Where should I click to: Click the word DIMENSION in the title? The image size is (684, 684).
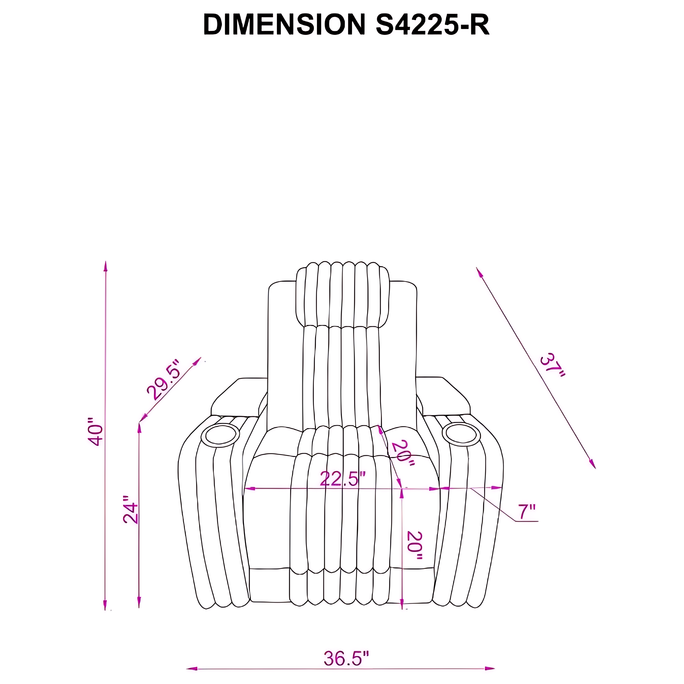coord(284,25)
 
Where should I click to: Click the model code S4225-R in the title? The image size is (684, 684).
coord(433,25)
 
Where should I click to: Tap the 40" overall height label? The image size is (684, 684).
coord(96,431)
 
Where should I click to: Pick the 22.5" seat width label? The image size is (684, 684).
coord(342,479)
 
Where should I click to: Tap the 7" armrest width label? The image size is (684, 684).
coord(527,512)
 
